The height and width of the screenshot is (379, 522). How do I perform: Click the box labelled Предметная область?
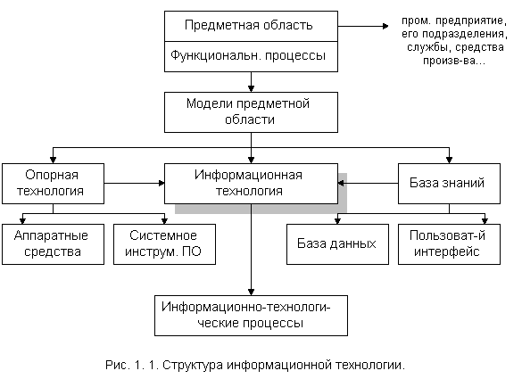[x=251, y=26]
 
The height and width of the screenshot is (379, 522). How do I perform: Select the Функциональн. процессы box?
[x=251, y=56]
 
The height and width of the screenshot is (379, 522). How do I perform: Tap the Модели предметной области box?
[x=251, y=112]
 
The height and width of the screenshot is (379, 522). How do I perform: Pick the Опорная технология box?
[x=53, y=184]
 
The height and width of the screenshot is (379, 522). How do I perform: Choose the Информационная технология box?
[x=251, y=184]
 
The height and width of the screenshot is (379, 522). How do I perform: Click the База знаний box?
[x=449, y=184]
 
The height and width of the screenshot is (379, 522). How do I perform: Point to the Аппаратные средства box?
[x=53, y=244]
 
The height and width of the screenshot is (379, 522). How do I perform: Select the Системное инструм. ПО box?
[x=164, y=244]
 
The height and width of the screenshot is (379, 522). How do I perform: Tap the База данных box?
[x=337, y=244]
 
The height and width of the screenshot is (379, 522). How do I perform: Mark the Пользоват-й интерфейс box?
[x=449, y=244]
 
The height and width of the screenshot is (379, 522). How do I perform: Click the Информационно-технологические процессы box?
[x=251, y=316]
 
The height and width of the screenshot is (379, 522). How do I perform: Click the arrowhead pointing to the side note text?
[x=385, y=26]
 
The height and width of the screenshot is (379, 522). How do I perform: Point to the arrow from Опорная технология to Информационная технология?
[x=134, y=183]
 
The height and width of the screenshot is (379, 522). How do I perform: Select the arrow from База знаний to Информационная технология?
[x=368, y=183]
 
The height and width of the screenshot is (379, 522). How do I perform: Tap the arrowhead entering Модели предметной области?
[x=251, y=89]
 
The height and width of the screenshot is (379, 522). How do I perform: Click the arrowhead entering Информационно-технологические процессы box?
[x=251, y=292]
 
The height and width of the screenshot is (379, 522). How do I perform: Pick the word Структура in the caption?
[x=193, y=366]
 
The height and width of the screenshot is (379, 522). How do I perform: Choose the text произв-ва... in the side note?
[x=454, y=61]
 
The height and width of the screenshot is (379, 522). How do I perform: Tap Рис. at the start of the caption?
[x=117, y=365]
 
